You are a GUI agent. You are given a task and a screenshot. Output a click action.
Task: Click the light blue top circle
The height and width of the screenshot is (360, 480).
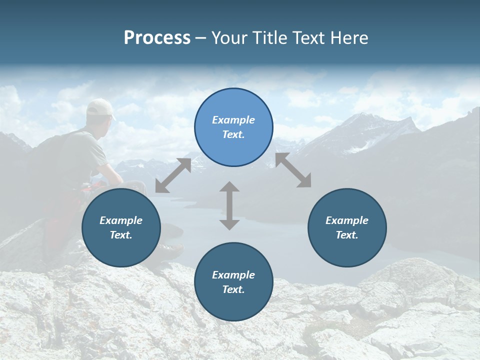[x=233, y=127]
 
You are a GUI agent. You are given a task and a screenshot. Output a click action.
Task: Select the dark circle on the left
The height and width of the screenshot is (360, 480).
[x=121, y=228]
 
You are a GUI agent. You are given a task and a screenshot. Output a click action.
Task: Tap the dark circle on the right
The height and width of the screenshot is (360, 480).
[x=347, y=228]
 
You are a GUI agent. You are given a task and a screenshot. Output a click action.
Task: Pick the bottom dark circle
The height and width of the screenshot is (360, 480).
[x=233, y=282]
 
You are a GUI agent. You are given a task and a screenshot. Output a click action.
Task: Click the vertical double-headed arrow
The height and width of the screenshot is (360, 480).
[x=229, y=205]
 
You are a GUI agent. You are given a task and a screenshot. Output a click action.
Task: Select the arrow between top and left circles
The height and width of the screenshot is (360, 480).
[x=173, y=175]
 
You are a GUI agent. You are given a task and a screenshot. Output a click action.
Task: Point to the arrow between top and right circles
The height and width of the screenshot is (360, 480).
[x=293, y=170]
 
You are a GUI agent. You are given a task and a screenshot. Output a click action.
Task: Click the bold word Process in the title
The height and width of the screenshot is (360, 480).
[x=157, y=38]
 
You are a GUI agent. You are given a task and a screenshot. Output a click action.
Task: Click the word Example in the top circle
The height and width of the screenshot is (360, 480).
[x=233, y=120]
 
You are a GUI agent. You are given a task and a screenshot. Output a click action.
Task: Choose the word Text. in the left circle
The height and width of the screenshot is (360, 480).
[x=121, y=235]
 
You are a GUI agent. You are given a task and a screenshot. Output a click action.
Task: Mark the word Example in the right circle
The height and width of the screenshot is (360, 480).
[x=347, y=220]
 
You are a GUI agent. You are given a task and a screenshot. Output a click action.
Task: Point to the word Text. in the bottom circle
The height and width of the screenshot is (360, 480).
[x=233, y=289]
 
